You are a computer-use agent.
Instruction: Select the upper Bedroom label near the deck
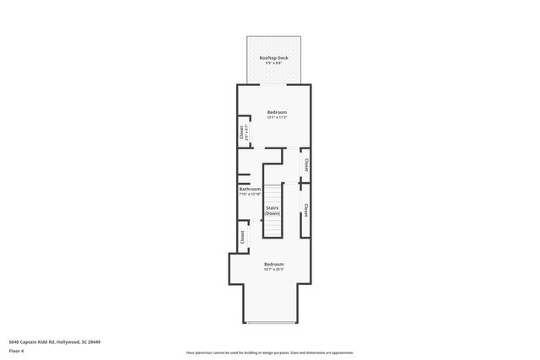[277, 112]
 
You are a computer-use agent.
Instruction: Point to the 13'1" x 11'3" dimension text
[277, 117]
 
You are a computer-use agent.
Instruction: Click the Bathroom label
[250, 189]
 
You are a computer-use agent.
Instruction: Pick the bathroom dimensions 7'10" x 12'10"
[250, 194]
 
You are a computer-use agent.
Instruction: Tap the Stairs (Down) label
[273, 210]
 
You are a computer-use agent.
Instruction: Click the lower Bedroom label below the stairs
[273, 264]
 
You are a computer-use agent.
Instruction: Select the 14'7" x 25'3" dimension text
[273, 270]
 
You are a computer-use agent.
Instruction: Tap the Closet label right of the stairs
[305, 210]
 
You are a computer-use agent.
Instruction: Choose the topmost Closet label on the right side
[305, 166]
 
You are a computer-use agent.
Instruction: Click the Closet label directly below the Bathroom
[242, 238]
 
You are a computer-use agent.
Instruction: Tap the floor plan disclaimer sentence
[269, 352]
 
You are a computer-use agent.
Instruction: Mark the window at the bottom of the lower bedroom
[270, 324]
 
